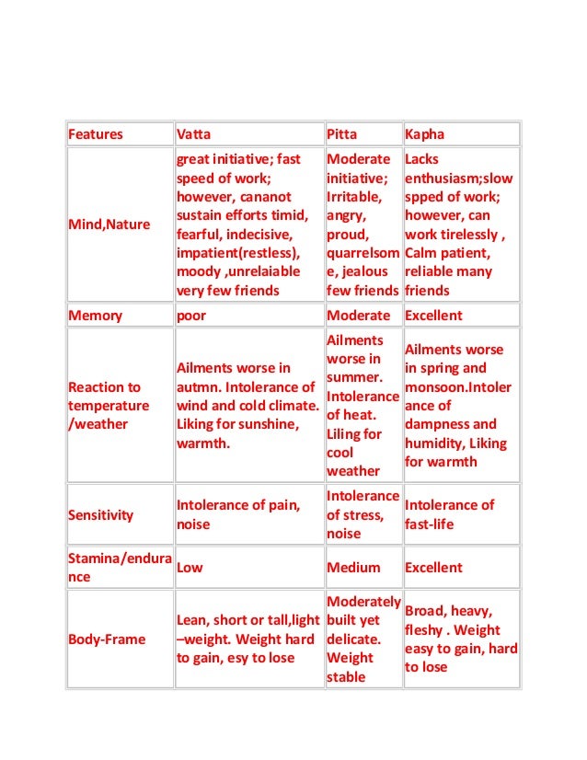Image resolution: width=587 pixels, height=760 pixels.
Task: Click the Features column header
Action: pos(96,134)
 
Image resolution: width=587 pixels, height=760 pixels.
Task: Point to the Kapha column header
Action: pos(424,134)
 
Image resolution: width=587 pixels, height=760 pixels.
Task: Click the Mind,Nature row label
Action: pos(109,225)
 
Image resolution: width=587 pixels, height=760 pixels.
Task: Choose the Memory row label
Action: pos(95,316)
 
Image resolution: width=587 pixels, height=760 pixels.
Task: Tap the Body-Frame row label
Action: pos(107,639)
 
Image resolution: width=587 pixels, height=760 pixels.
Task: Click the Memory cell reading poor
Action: pos(190,316)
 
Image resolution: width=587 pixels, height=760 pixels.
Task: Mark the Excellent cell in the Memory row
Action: pos(433,316)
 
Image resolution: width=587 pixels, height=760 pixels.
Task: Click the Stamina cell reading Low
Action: pos(190,568)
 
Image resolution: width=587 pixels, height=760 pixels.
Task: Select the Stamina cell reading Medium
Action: pos(353,568)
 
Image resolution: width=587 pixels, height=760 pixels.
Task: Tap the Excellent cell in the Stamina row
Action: pos(433,568)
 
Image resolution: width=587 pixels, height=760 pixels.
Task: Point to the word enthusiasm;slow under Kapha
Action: pos(459,178)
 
